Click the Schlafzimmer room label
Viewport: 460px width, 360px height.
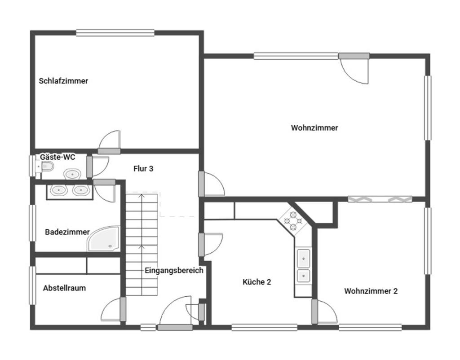63,81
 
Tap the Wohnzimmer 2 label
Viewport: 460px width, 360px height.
371,291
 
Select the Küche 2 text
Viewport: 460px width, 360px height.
257,282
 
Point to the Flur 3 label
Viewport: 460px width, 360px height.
143,169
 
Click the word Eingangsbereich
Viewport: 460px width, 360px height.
174,270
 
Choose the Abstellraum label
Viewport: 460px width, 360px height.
65,288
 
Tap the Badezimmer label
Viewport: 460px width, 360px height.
67,232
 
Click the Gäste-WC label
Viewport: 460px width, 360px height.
57,157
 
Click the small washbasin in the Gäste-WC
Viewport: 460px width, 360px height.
72,174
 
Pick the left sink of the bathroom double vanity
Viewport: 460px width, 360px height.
59,190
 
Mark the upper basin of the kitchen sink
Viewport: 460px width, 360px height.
304,258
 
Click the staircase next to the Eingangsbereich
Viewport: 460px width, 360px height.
142,244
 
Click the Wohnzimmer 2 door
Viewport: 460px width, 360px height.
324,312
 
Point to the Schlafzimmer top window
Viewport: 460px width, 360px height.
115,32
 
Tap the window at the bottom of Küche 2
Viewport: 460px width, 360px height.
264,327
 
